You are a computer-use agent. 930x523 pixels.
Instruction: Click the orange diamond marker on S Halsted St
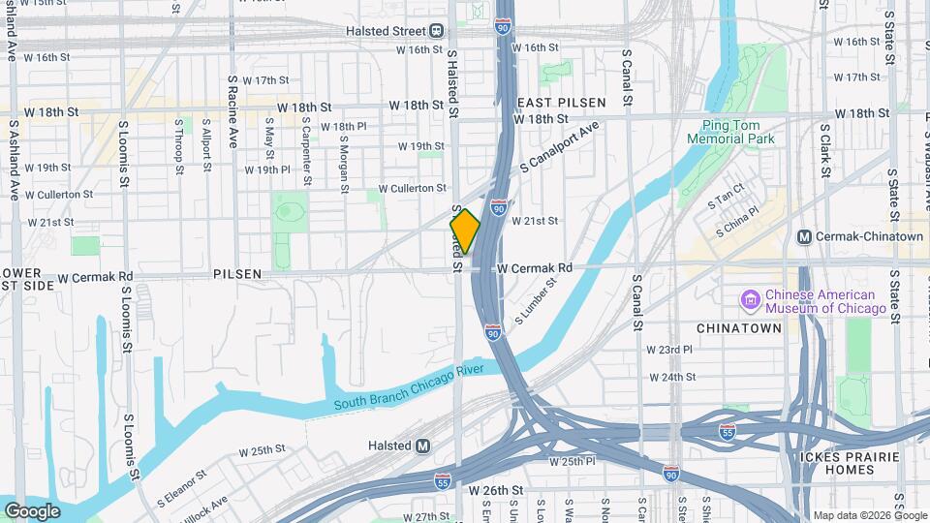tap(465, 231)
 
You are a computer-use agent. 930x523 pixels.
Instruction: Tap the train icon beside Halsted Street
tap(437, 32)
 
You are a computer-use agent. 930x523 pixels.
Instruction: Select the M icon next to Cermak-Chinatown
tap(803, 237)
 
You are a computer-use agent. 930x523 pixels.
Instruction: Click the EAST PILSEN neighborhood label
tap(562, 102)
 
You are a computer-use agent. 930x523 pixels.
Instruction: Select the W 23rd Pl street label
tap(670, 350)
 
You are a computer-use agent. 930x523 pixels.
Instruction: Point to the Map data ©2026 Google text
tap(870, 515)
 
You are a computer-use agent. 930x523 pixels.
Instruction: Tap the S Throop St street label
tap(179, 147)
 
